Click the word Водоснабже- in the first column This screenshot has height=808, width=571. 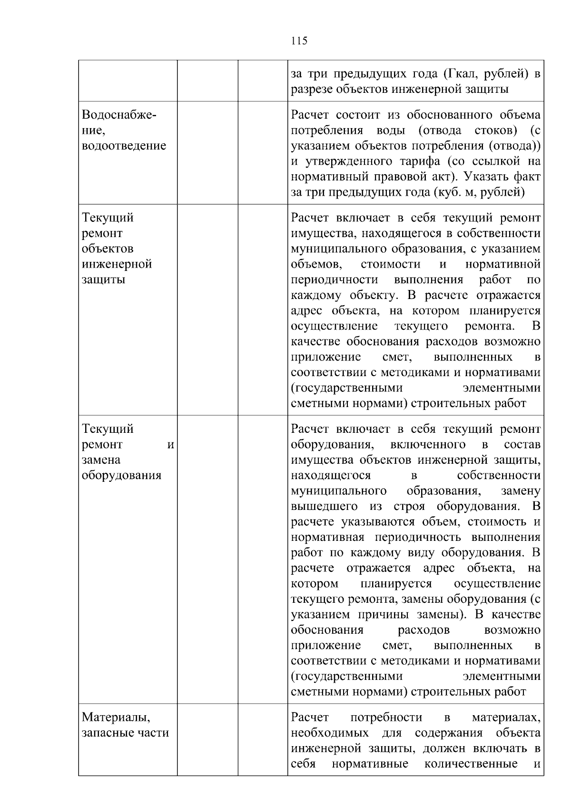point(119,115)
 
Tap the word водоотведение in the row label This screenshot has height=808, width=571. point(124,146)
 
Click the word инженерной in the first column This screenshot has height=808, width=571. point(117,264)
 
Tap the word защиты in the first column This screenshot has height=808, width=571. point(103,279)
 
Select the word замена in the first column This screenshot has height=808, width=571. point(101,460)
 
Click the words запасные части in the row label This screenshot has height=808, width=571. point(125,733)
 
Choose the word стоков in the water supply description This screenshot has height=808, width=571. point(492,130)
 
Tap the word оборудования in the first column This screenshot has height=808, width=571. point(121,476)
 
